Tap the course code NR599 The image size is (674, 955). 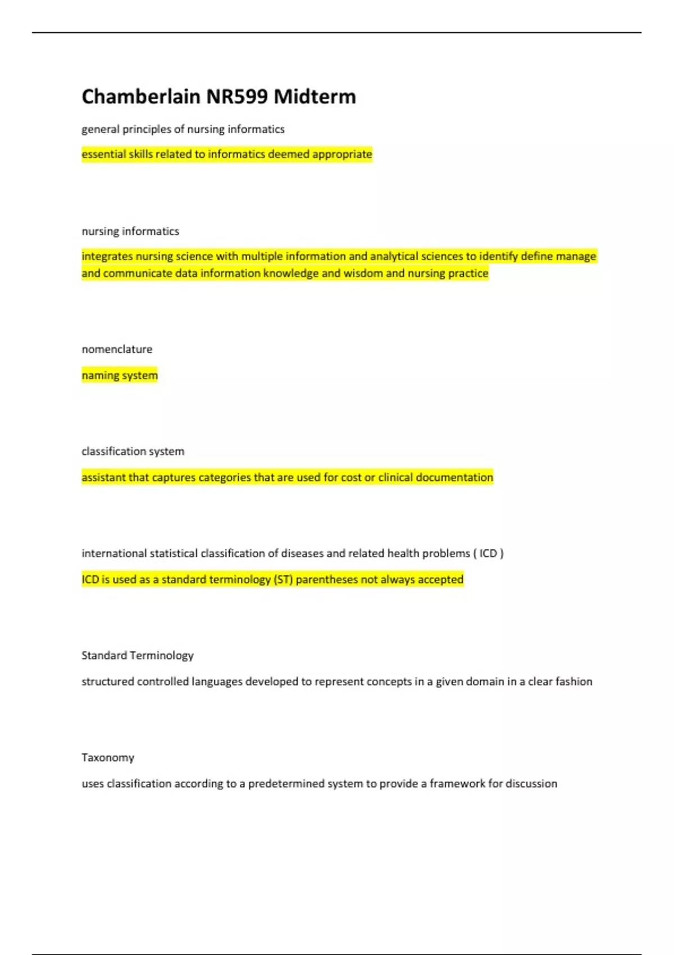(236, 97)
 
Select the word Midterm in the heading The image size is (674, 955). (315, 97)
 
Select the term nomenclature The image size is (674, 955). (117, 349)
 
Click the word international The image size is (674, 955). (114, 553)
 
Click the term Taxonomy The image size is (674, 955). (108, 758)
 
